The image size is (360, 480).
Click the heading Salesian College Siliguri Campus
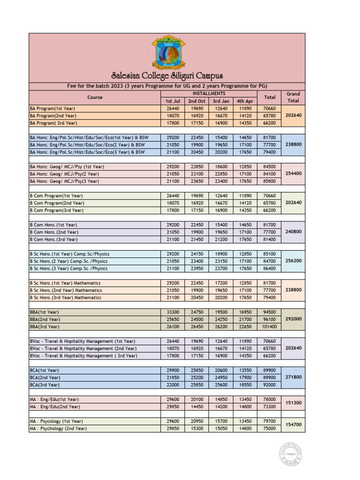167,76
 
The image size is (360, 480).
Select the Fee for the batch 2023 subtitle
167,86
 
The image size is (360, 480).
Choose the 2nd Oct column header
197,101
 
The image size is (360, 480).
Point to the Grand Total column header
293,97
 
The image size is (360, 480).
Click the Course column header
95,97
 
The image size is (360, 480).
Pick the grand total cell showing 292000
293,319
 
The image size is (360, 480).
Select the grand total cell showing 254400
293,173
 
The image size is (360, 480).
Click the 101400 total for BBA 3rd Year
270,326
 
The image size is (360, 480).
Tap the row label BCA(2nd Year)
45,377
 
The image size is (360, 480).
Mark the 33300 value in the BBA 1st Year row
172,312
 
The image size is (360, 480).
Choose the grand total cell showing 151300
293,403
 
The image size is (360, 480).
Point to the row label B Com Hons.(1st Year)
54,225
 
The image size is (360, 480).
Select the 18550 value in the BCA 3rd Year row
245,384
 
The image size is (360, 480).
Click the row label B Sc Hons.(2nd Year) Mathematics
66,290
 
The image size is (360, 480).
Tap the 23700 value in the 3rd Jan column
220,269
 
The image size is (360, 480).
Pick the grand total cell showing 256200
293,261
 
